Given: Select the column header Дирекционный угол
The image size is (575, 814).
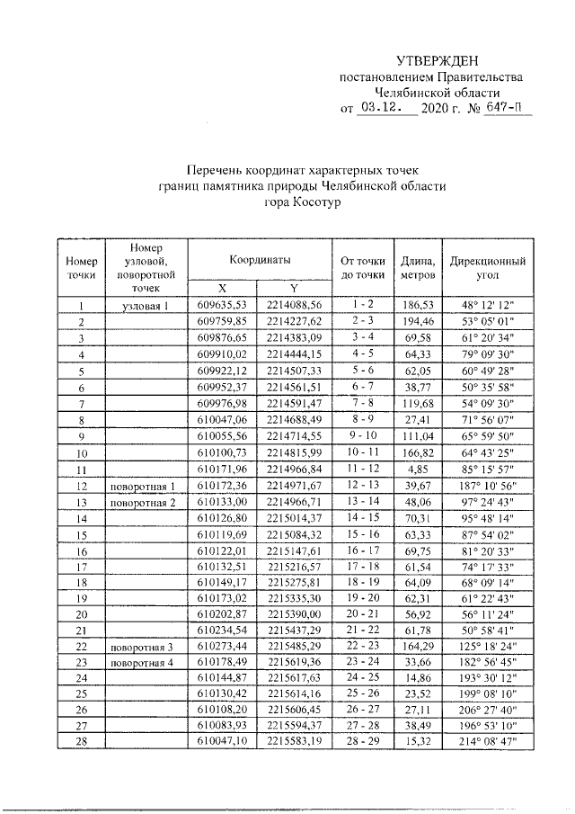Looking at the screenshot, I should (489, 265).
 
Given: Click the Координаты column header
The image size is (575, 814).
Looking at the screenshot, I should (260, 258).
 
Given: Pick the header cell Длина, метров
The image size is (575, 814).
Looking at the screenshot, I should (418, 265).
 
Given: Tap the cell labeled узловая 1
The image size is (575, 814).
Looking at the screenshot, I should (145, 306).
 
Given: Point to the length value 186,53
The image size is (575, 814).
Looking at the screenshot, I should (418, 306).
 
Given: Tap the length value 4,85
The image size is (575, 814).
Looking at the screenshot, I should (418, 469).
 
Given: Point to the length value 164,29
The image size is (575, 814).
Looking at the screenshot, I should (418, 647).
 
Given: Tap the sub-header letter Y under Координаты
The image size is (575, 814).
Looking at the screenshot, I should (293, 287).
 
